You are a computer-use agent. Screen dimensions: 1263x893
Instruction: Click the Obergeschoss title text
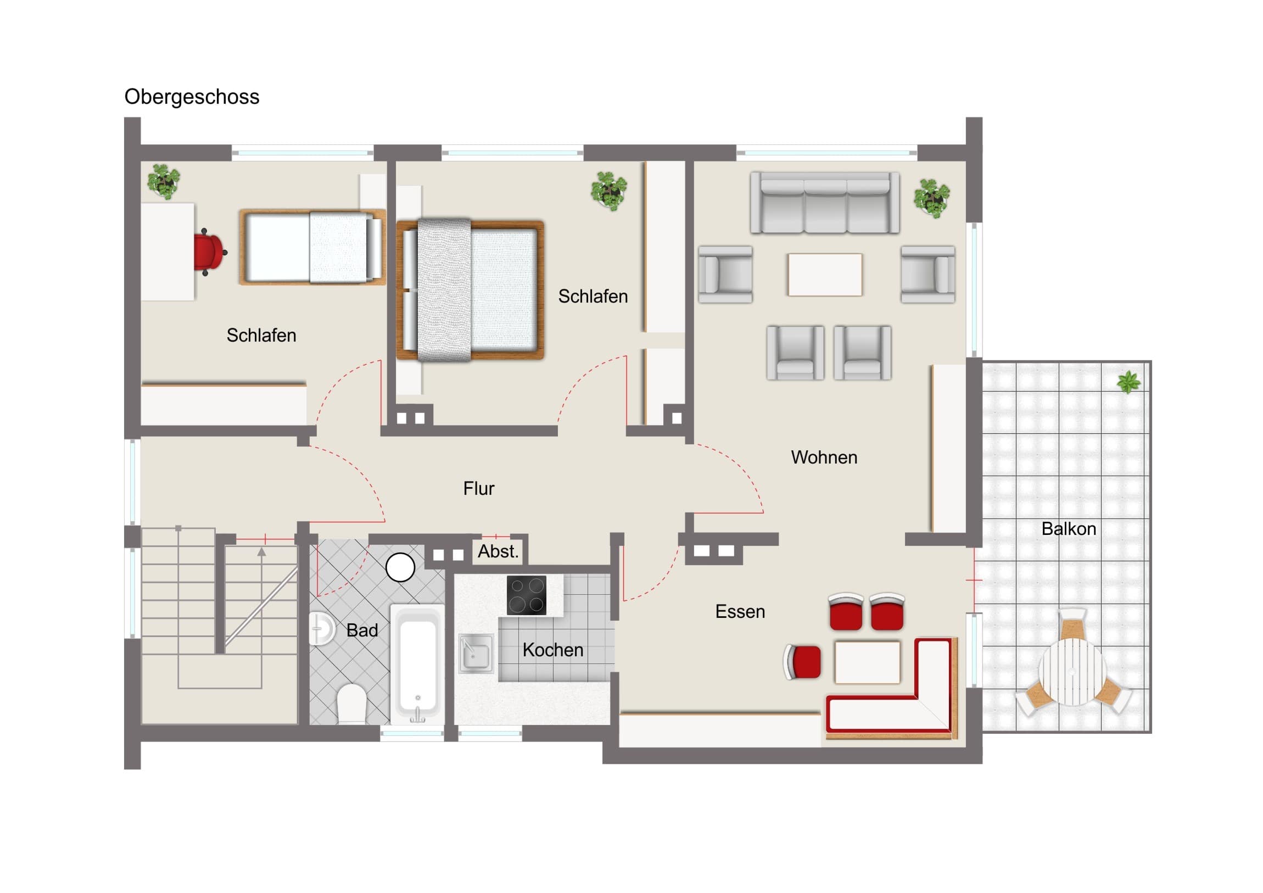tap(192, 97)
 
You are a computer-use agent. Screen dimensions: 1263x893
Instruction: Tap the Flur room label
tap(479, 489)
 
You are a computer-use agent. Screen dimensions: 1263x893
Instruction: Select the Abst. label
tap(498, 551)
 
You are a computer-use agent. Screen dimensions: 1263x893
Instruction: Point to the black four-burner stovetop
tap(527, 595)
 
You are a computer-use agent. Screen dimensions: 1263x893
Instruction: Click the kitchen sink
tap(476, 653)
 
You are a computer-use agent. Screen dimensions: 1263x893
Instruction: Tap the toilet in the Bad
tap(351, 703)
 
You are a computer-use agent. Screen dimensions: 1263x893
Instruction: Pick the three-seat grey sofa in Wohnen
tap(825, 203)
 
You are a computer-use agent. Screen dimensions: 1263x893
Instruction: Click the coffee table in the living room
tap(825, 275)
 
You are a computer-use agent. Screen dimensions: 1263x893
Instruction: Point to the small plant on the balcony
tap(1129, 382)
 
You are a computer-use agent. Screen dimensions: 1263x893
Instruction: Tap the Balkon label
tap(1069, 529)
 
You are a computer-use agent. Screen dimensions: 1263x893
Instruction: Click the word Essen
tap(740, 612)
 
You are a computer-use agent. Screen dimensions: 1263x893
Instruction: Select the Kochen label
tap(553, 650)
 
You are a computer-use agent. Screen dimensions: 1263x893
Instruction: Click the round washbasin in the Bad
tap(321, 628)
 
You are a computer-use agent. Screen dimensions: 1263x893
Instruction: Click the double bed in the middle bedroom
tap(470, 290)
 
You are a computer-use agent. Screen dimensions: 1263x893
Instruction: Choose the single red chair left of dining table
tap(802, 662)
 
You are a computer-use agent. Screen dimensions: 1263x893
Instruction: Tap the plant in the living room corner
tap(931, 198)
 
